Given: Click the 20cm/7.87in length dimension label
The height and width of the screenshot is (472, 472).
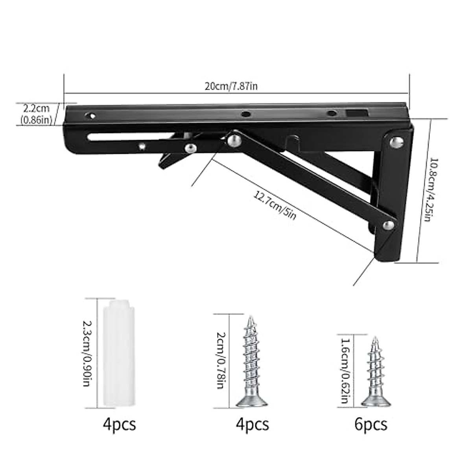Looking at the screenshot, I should point(231,86).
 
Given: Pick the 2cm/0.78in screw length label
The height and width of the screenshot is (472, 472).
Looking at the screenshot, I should point(221,361).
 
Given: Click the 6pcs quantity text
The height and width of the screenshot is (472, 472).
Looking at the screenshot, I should point(370,424).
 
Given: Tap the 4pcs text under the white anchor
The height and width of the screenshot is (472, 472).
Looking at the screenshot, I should point(119,424).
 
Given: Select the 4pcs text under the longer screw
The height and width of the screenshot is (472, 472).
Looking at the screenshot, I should point(252,424).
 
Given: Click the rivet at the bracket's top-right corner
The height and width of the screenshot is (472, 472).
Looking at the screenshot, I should point(398,142).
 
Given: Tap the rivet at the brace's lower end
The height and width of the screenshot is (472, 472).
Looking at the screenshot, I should point(389,225).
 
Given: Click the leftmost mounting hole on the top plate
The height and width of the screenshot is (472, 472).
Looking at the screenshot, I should point(90,116).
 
